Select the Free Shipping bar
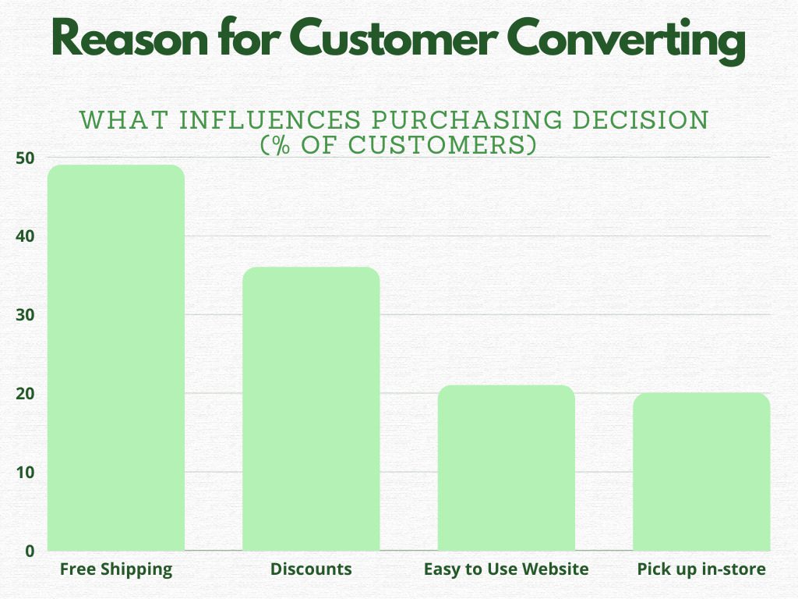coord(116,357)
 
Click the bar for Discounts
coord(311,409)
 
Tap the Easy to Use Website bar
coord(506,467)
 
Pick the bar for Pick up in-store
coord(701,471)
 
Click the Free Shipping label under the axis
coord(116,569)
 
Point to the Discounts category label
coord(311,569)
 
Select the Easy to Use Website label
coord(506,569)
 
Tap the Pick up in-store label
coord(701,569)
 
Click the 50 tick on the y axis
coord(25,158)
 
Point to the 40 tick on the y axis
coord(25,236)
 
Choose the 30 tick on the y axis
coord(25,315)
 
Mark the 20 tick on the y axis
coord(25,394)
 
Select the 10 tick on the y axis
coord(25,472)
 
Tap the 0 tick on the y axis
coord(30,551)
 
